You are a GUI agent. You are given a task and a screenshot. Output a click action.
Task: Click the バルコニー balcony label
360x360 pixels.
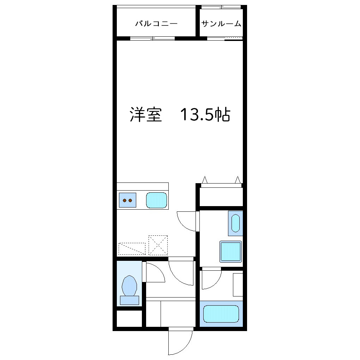[156, 24]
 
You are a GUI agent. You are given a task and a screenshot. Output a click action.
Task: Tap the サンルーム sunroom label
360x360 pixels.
[221, 24]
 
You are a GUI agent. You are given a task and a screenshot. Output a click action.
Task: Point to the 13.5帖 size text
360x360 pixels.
[205, 115]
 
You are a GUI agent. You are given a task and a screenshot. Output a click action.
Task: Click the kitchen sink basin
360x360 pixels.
[156, 200]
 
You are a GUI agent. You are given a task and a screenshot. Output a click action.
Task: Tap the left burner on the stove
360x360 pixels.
[125, 200]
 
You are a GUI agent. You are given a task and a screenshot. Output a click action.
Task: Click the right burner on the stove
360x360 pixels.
[130, 200]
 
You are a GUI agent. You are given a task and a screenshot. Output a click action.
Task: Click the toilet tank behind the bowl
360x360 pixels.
[129, 300]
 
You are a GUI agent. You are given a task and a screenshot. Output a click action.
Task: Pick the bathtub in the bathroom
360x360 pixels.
[221, 314]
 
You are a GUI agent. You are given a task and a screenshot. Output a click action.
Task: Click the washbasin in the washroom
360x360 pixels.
[235, 223]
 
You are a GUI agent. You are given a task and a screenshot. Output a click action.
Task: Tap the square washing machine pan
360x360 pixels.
[231, 252]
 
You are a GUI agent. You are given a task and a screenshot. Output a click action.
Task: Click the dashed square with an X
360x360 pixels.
[158, 245]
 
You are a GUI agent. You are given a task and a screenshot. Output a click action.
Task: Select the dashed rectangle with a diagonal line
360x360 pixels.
[132, 248]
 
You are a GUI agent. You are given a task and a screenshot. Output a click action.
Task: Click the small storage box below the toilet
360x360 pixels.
[129, 319]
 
